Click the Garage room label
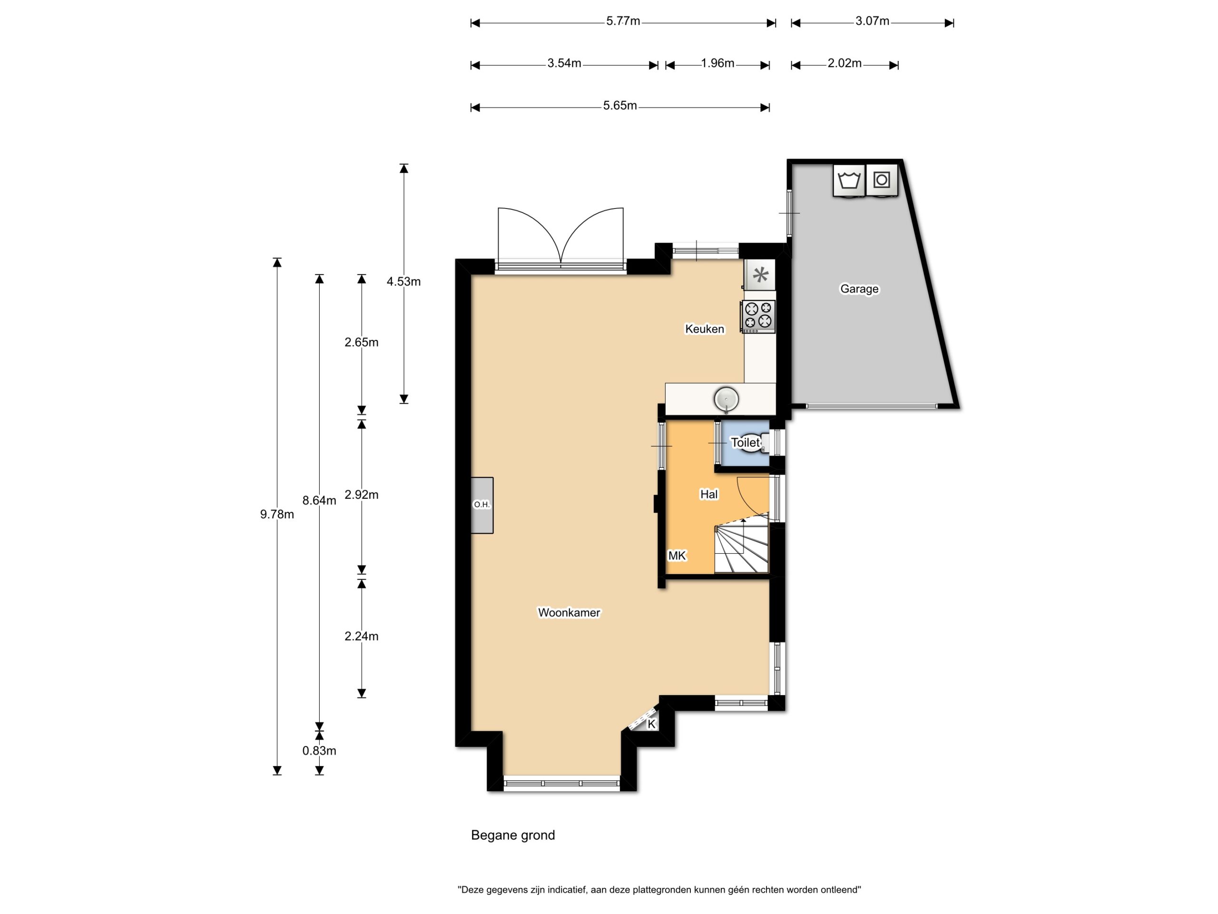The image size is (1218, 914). click(859, 288)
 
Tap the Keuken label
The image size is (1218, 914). click(704, 329)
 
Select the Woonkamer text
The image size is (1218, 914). click(569, 612)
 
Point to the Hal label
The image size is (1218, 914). click(708, 494)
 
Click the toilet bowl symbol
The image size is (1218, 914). click(753, 443)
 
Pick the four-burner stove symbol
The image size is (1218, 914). click(757, 316)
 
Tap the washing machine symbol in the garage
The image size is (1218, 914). click(848, 180)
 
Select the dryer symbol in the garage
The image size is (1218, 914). click(882, 179)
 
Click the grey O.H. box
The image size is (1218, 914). click(482, 505)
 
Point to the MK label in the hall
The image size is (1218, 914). click(677, 556)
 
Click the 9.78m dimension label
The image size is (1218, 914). click(277, 514)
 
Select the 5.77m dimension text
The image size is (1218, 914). click(623, 21)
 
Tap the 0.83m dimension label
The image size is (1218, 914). click(319, 750)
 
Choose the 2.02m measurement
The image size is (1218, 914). click(844, 63)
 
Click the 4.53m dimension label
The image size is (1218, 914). click(403, 281)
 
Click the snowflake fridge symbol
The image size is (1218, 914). click(760, 274)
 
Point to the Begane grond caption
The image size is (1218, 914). click(512, 835)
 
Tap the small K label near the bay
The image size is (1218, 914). click(651, 724)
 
